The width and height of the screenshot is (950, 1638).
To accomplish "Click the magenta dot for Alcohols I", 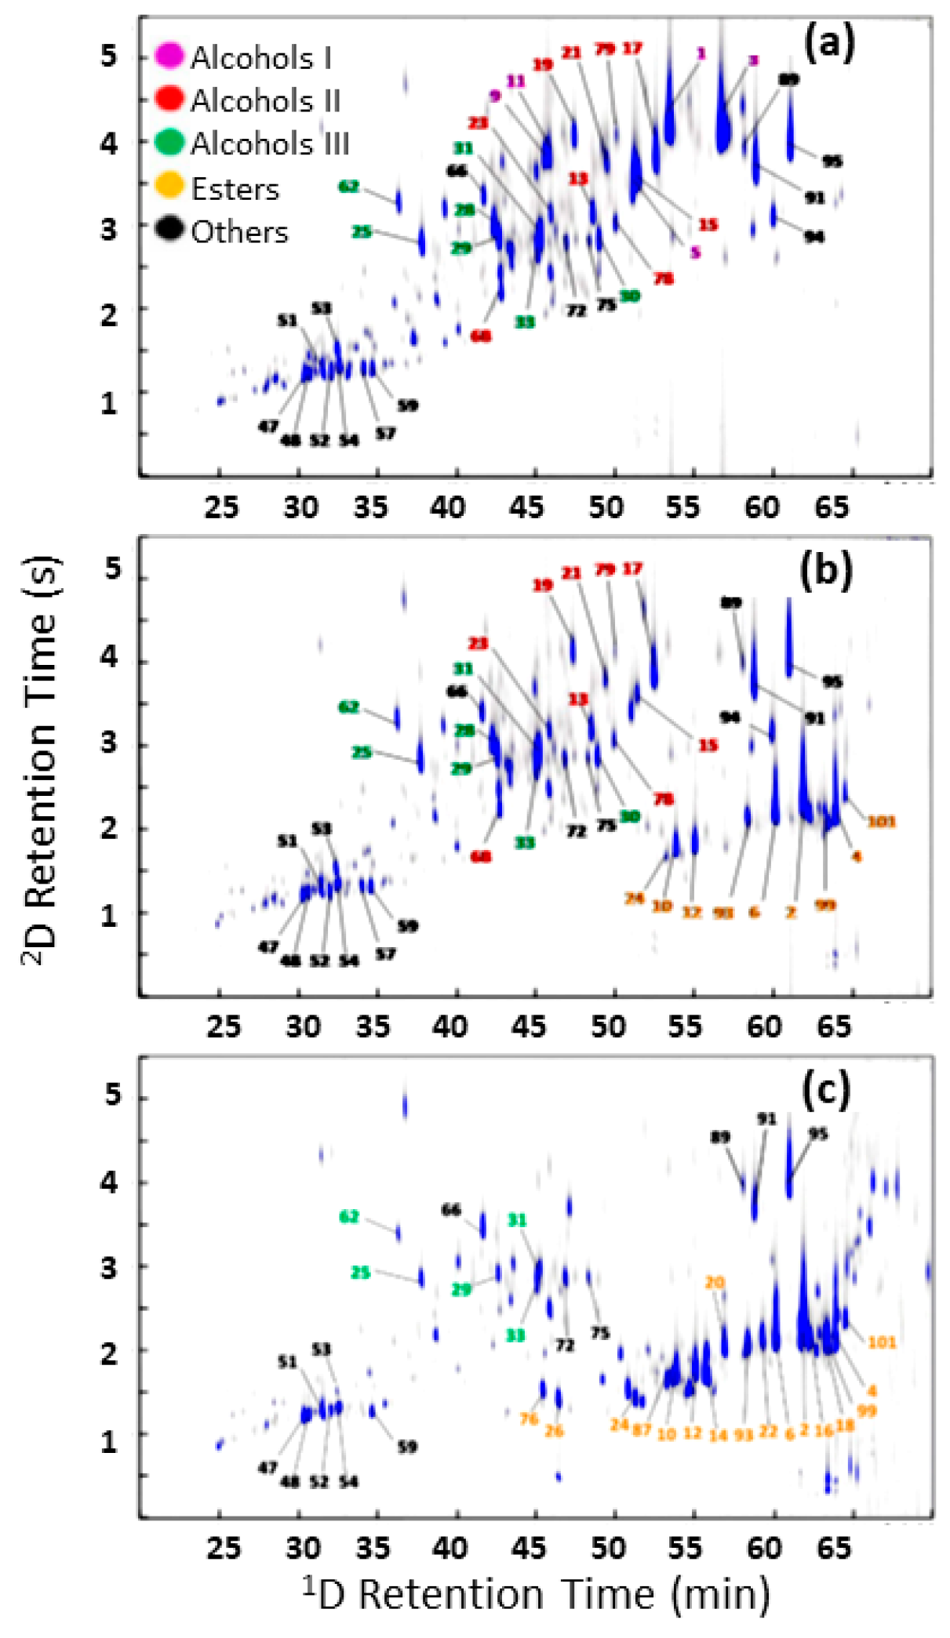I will coord(169,56).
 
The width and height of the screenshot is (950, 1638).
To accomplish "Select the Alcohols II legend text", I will coord(265,100).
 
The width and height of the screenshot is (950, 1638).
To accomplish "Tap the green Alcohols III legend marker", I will coord(169,143).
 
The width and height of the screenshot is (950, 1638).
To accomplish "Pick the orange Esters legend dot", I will coord(169,187).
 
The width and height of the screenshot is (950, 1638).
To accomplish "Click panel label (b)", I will coord(825,570).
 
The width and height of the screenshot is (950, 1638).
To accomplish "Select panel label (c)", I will coord(826,1090).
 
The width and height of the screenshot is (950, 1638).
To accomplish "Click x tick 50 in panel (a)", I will coord(606,507).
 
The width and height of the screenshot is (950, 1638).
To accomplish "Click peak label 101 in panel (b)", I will coord(881,821).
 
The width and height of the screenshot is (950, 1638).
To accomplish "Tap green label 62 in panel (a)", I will coord(349,187).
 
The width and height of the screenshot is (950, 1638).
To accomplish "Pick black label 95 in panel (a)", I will coord(832,162).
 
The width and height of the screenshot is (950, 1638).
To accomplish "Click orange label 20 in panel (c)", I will coord(715,1283).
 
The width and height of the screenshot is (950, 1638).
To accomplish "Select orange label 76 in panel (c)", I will coord(529,1418).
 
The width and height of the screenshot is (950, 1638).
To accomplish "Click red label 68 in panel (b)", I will coord(481,856).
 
